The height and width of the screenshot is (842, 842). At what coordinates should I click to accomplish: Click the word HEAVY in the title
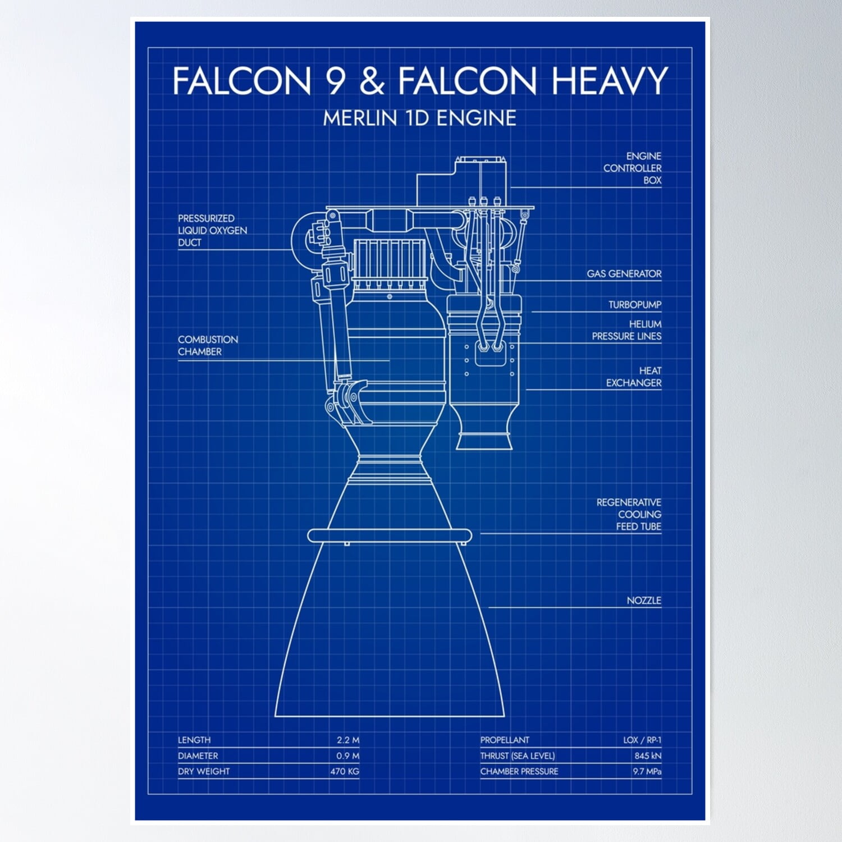point(609,81)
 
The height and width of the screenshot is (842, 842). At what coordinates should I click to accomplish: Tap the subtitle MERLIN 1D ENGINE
point(419,118)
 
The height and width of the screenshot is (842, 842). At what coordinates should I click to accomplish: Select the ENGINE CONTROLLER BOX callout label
point(633,168)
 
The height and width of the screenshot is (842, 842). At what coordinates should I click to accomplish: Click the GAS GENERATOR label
point(624,274)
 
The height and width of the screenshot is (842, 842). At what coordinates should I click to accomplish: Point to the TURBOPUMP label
point(634,305)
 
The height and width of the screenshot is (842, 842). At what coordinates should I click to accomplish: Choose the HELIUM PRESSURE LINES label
point(627,330)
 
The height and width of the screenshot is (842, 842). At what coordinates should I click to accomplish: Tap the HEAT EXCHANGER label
point(634,377)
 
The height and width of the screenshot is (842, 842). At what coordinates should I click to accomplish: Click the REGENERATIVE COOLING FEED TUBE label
point(629,514)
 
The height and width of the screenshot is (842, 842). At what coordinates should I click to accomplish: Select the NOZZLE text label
point(643,601)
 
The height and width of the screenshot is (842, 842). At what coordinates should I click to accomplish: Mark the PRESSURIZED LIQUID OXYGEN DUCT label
point(212,230)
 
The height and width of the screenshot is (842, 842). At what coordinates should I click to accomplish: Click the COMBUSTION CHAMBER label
point(207,345)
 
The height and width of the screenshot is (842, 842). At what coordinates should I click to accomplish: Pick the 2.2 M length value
point(347,740)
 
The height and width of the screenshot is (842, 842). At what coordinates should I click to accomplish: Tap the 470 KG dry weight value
point(344,771)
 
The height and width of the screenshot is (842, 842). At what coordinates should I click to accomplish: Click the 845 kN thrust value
point(647,756)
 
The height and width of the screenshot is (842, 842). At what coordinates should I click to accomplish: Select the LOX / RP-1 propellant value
point(642,740)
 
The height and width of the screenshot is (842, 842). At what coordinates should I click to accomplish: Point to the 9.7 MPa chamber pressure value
point(647,771)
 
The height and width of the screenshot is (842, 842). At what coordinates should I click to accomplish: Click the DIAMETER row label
point(198,756)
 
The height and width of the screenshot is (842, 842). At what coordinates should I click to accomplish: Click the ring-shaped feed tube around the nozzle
point(390,536)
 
